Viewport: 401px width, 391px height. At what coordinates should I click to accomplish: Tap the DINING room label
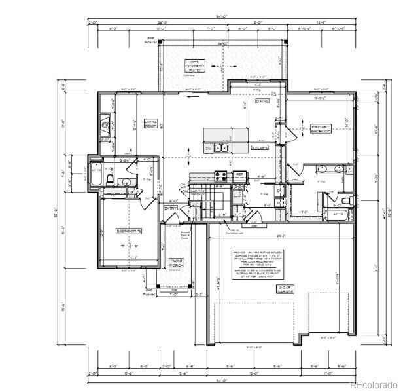click(x=262, y=102)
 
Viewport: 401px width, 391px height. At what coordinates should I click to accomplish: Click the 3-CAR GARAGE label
click(x=285, y=290)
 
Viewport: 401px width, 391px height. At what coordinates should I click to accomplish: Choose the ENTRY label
click(x=171, y=208)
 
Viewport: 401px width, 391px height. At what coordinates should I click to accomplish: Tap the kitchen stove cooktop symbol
click(x=220, y=175)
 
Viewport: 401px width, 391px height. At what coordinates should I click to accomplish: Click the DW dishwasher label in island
click(x=209, y=149)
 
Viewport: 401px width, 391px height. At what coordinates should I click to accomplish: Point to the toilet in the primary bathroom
click(x=347, y=199)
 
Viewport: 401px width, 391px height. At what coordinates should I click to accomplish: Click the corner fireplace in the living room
click(x=105, y=124)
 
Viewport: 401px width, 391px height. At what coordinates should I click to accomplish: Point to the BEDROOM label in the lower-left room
click(x=129, y=231)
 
